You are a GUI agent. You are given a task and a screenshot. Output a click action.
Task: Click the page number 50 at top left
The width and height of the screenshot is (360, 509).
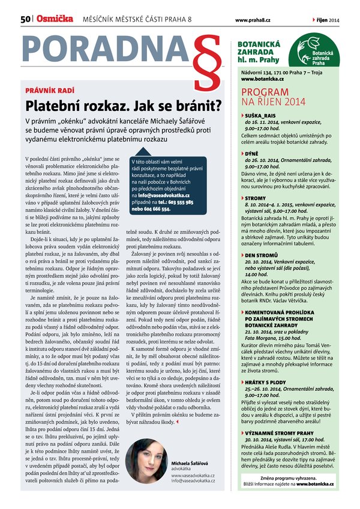point(25,20)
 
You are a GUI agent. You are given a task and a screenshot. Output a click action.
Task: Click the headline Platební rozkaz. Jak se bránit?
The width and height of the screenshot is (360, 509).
point(122,106)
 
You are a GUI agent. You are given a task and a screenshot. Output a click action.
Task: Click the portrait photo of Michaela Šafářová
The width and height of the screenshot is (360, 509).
point(146,461)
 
